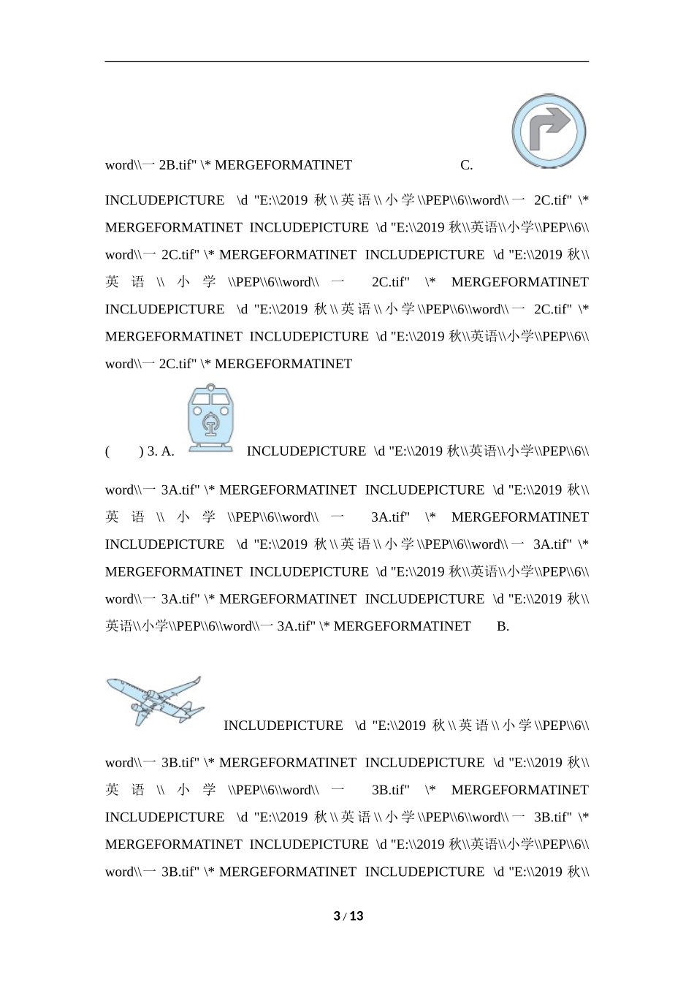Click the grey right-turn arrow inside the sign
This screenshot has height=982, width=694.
(549, 128)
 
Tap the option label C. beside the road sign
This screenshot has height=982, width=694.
(467, 165)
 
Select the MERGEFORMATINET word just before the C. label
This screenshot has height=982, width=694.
(283, 165)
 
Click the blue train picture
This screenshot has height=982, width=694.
(210, 418)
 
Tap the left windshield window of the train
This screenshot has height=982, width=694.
(200, 399)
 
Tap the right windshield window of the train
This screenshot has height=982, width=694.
(221, 399)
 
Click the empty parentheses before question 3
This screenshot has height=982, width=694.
(123, 452)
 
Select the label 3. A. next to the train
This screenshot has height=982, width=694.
(161, 452)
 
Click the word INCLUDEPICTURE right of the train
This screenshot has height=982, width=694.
(306, 452)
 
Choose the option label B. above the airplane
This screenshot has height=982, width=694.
(503, 626)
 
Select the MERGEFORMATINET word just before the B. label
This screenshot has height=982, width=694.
(403, 626)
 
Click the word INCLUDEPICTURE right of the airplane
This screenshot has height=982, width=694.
(283, 726)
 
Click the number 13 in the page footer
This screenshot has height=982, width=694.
(356, 916)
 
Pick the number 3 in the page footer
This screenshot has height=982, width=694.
(337, 916)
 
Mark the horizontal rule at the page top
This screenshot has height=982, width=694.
(347, 62)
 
